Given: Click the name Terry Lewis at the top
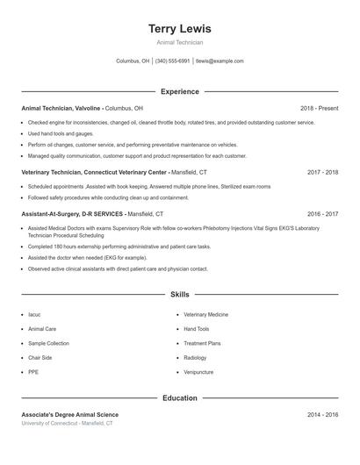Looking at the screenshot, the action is coord(179,29).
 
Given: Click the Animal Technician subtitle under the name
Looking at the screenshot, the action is coord(179,42).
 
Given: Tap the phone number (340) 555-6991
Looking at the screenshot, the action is coord(172,61).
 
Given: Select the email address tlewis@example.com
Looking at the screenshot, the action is coord(220,61).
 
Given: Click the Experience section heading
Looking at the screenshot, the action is coord(179,91).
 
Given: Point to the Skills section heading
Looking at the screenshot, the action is coord(179,296).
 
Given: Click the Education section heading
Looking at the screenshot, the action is coord(179,398).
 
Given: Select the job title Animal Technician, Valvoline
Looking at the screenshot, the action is coord(61,108).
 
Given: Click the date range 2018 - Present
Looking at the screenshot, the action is coord(319,108).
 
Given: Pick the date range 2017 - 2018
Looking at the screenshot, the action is coord(322,173).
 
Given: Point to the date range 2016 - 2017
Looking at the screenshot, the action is coord(322,213).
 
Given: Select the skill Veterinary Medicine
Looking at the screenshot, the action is coord(205,314).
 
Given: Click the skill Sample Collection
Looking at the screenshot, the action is coord(48,343).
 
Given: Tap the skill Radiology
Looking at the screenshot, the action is coord(195,358).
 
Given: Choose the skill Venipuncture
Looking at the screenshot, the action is coord(198,372).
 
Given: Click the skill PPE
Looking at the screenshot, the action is coord(33,372).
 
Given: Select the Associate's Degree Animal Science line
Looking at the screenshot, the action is coord(69,414).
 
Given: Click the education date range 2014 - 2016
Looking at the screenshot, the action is coord(322,414).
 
